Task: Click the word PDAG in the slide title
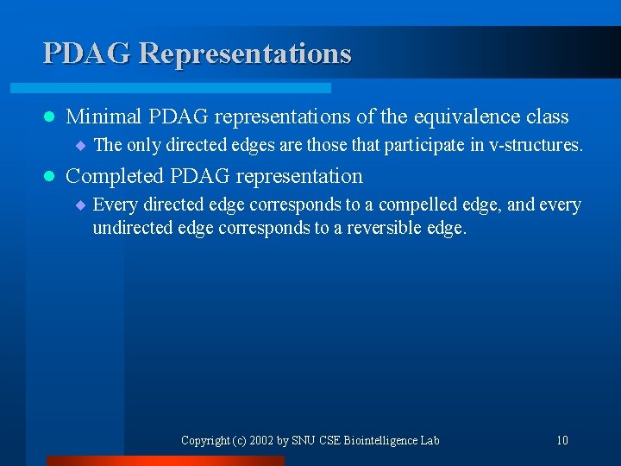point(86,54)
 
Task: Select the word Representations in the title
point(245,54)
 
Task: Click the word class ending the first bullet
point(546,116)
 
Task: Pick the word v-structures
point(535,145)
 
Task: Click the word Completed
point(115,176)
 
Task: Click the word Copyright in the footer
point(204,440)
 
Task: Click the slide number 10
point(561,440)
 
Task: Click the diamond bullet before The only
point(80,145)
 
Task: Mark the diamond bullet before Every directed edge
point(80,205)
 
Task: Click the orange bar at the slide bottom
point(164,461)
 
